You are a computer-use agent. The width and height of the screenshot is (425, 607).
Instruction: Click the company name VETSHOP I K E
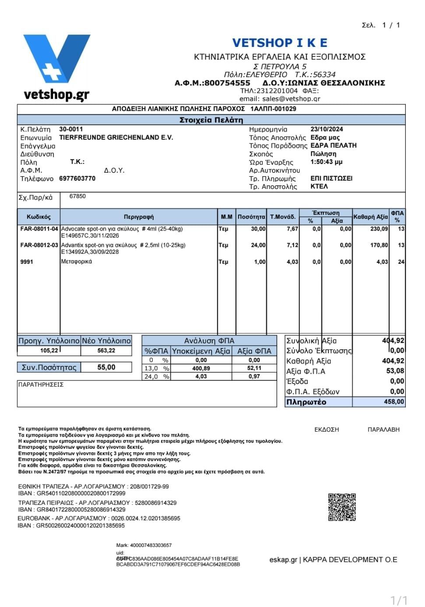pos(280,43)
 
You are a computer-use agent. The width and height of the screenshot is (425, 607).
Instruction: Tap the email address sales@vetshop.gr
pos(291,99)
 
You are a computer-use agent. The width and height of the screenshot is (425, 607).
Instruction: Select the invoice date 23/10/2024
pos(327,129)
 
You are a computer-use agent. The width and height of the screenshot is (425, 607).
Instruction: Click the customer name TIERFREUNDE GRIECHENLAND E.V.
pos(116,138)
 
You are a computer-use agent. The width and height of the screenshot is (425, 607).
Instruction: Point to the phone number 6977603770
pos(77,178)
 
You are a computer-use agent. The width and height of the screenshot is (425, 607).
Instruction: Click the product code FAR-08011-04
pos(39,229)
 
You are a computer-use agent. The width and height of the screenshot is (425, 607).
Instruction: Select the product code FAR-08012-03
pos(39,245)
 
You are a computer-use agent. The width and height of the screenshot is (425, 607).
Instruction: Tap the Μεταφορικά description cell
pos(77,262)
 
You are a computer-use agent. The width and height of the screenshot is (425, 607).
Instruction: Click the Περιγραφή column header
pos(139,217)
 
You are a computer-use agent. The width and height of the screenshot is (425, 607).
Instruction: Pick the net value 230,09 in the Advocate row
pos(379,229)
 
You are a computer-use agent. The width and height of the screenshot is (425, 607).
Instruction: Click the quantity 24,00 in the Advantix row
pos(258,245)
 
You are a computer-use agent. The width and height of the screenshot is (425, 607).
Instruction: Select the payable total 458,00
pos(394,402)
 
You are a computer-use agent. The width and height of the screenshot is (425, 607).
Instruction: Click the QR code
pos(342,507)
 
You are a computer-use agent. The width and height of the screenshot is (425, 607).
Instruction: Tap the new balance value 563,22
pos(106,351)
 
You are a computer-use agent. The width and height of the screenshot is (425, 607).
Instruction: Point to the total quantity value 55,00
pos(106,367)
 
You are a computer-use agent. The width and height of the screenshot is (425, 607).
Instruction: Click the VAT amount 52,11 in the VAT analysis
pos(254,369)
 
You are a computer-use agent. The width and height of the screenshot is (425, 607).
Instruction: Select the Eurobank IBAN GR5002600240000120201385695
pos(81,525)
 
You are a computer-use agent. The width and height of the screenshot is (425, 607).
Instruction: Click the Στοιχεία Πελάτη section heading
pos(211,120)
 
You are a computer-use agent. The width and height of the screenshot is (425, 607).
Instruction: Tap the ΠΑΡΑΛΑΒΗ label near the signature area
pos(383,430)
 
